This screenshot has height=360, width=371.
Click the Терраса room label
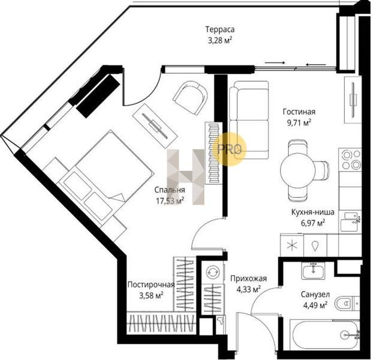[220, 29]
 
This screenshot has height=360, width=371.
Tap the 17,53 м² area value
[170, 201]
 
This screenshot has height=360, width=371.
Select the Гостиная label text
[299, 112]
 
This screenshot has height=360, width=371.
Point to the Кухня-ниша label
[312, 212]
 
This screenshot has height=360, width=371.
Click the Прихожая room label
[249, 278]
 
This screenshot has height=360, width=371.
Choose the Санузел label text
[315, 295]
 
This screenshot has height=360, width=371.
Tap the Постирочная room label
[151, 284]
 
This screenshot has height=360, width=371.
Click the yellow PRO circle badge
[230, 149]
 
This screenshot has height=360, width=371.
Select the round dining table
[298, 169]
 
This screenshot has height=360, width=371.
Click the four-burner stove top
[350, 159]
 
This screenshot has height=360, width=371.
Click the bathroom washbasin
[313, 271]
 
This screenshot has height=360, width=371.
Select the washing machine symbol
[213, 272]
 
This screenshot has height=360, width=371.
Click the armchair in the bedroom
[191, 98]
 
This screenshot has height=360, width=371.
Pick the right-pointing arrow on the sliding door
[275, 62]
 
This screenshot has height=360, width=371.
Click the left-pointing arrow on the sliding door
[316, 64]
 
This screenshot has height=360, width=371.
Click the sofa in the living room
[249, 120]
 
